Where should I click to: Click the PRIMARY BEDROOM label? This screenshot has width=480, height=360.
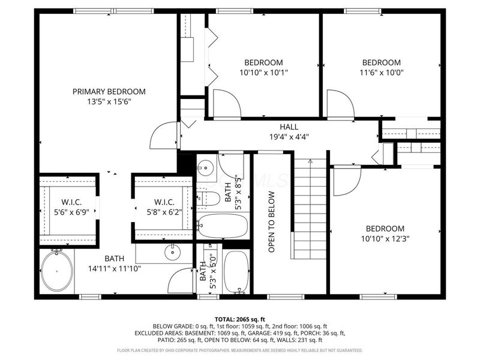[x=109, y=91]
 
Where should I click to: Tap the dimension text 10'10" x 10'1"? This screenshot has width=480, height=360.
[x=263, y=73]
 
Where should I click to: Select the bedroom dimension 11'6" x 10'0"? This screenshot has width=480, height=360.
[x=381, y=73]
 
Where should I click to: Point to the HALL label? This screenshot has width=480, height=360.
[x=289, y=127]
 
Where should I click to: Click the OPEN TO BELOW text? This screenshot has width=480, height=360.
[x=271, y=221]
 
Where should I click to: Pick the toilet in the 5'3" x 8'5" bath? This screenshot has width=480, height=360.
[x=206, y=197]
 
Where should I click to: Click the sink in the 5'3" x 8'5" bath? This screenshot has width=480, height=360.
[x=206, y=166]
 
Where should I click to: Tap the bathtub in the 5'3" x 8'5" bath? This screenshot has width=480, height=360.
[x=223, y=226]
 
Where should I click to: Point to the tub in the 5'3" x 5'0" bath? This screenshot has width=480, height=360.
[x=236, y=272]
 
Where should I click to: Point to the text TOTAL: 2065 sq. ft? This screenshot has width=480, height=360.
[x=240, y=319]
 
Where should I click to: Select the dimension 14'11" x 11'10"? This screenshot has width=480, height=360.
[x=114, y=269]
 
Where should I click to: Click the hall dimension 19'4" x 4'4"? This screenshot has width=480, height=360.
[x=289, y=136]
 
